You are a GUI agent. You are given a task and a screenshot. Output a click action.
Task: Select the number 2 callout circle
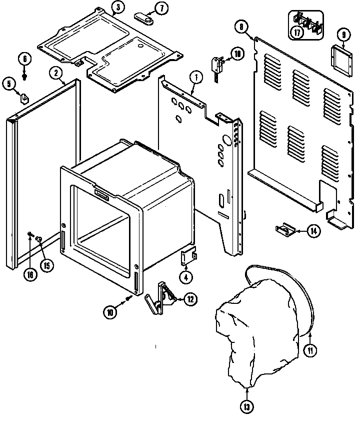tap(56, 73)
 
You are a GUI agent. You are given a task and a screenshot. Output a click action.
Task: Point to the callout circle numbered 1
tap(196, 78)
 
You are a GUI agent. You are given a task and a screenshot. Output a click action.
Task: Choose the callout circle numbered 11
tap(310, 350)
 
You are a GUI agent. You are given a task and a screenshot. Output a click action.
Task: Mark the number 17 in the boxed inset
tap(297, 34)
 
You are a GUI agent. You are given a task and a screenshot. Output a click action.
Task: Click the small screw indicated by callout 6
tap(25, 77)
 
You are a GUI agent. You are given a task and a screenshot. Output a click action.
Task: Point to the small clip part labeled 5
tap(23, 97)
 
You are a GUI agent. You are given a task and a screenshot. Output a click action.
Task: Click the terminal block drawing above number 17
tap(307, 22)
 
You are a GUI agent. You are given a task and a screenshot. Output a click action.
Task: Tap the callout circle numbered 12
tap(190, 299)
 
